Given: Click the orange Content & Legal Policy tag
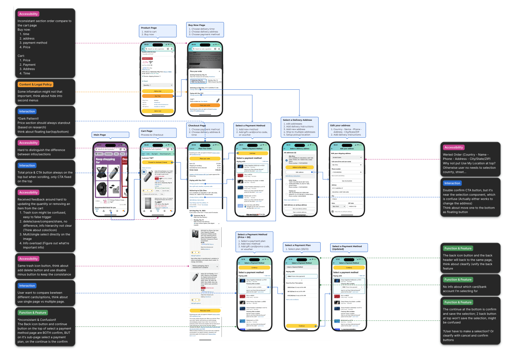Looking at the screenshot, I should [x=35, y=85].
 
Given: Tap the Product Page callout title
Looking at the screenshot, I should [x=149, y=28].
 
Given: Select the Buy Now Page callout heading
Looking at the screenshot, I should [x=197, y=25].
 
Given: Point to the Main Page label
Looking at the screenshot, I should [x=100, y=135].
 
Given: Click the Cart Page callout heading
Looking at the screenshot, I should [x=147, y=131].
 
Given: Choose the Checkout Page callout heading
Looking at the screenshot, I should [x=197, y=126].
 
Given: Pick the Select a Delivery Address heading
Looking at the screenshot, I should [x=297, y=120].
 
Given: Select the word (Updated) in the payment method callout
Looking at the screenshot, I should [x=338, y=249].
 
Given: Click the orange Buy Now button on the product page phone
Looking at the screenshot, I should [x=158, y=96].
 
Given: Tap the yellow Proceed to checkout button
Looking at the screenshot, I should [x=158, y=162].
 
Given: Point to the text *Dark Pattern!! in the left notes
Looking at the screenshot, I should [x=28, y=119].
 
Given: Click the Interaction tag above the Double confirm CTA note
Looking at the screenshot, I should [x=452, y=183].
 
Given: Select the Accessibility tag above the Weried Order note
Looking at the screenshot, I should [x=454, y=147].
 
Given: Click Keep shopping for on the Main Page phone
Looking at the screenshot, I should [x=105, y=161].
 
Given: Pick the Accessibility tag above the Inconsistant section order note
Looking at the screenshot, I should [x=28, y=14].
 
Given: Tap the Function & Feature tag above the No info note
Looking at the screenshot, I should [x=458, y=280].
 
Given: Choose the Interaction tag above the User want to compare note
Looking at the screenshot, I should [x=27, y=286].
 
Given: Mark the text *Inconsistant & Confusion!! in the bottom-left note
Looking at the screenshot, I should [x=37, y=320].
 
